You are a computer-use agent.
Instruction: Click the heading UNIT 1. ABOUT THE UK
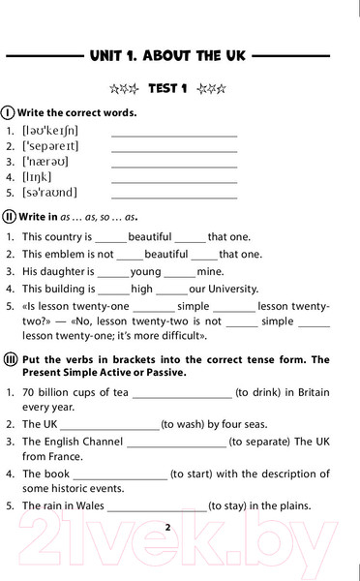pyautogui.click(x=179, y=55)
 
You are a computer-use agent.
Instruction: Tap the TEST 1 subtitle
pyautogui.click(x=167, y=89)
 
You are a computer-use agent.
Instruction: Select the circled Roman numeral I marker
pyautogui.click(x=9, y=112)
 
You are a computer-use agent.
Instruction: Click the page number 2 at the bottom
pyautogui.click(x=167, y=528)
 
